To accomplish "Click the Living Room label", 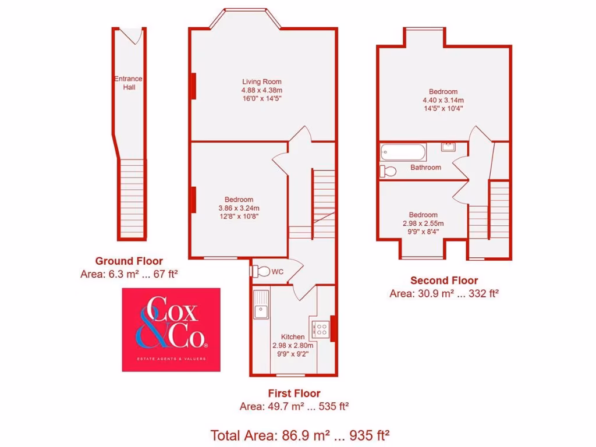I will tap(262, 81).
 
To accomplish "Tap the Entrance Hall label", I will tap(128, 83).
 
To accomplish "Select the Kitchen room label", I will tap(293, 337).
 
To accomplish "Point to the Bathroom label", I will tap(425, 168).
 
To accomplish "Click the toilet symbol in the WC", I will tap(261, 271).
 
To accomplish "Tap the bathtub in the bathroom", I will tap(403, 153).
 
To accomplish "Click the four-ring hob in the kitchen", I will tap(321, 330).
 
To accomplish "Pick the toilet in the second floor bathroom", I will tap(388, 171).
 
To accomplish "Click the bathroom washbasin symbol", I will tap(448, 146).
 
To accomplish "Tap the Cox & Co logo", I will tap(171, 329).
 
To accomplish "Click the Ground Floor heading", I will tap(129, 261).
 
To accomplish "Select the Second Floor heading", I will tap(444, 281).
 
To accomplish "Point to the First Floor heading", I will tap(294, 393).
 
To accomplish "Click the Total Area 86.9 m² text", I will tap(300, 434).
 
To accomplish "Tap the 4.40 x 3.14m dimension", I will tap(443, 100).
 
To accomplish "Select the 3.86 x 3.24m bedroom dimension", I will tap(239, 208).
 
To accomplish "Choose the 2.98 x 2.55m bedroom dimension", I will tap(423, 223).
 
